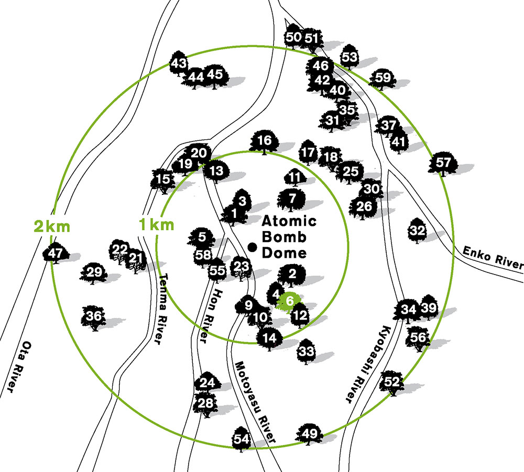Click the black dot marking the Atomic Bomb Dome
(x=253, y=246)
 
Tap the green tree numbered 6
(x=289, y=301)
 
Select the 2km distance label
(x=52, y=227)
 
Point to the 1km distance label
(x=156, y=226)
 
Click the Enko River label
(x=492, y=257)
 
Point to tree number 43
(x=179, y=64)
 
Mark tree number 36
(x=94, y=317)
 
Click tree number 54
(x=241, y=439)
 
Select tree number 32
(x=418, y=230)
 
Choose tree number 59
(x=383, y=79)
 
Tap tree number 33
(x=307, y=351)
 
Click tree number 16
(x=265, y=141)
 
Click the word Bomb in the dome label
(x=283, y=237)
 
